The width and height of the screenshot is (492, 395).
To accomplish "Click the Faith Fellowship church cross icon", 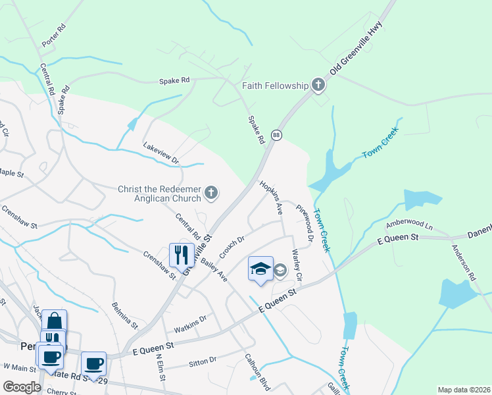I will [318, 84].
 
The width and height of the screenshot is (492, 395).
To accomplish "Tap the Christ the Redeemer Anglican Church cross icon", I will [210, 193].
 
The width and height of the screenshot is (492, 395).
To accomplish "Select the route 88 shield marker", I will [277, 134].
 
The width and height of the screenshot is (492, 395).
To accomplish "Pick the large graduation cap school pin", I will [260, 269].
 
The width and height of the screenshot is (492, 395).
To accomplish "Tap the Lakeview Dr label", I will [161, 155].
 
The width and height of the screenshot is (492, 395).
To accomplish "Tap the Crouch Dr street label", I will [232, 247].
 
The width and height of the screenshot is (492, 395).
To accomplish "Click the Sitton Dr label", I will [203, 360].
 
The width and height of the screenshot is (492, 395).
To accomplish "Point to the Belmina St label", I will [125, 315].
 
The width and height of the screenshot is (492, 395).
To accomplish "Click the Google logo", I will [22, 388].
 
